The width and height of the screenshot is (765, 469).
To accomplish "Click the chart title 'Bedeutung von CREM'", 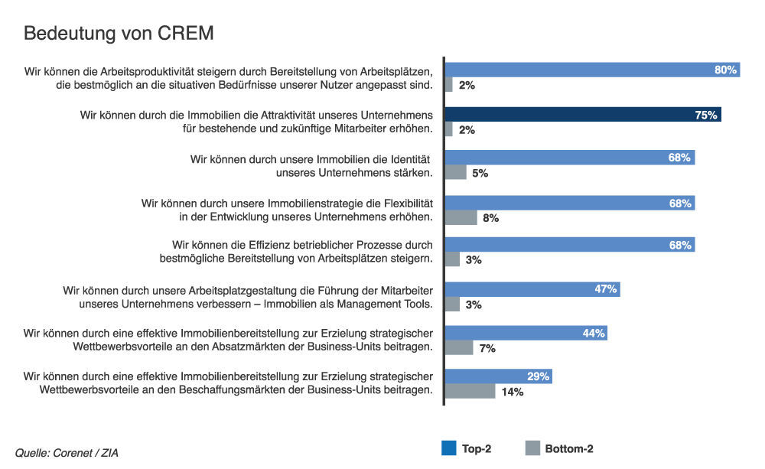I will (x=119, y=34).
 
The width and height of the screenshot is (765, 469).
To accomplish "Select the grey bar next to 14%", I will (x=470, y=392).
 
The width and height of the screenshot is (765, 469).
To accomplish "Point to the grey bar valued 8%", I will (x=460, y=218).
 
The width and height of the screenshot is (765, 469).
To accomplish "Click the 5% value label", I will (x=480, y=174).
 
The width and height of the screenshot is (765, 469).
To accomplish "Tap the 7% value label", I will (x=487, y=349).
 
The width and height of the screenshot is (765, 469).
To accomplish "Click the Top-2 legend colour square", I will (x=448, y=448).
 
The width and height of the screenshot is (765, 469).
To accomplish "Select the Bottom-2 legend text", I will (x=568, y=449).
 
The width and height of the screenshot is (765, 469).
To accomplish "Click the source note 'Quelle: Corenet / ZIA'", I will (x=67, y=453).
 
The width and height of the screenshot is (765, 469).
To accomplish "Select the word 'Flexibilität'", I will (x=402, y=203).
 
